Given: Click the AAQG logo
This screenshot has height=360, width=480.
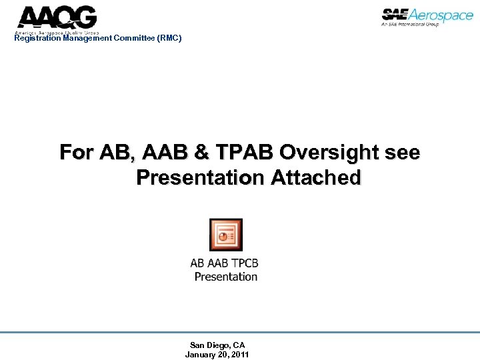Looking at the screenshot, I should click(x=57, y=18).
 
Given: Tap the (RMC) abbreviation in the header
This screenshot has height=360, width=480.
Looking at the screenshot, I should click(x=169, y=38).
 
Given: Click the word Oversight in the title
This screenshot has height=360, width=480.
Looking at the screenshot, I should click(x=331, y=153).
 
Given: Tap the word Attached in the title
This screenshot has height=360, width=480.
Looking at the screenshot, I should click(x=317, y=177).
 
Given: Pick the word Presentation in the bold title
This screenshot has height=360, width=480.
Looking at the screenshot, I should click(x=201, y=177).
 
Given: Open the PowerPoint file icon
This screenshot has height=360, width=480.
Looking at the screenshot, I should click(x=225, y=235).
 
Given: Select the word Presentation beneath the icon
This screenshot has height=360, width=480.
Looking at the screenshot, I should click(x=226, y=276).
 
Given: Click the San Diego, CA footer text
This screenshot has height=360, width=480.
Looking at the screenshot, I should click(x=217, y=345).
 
